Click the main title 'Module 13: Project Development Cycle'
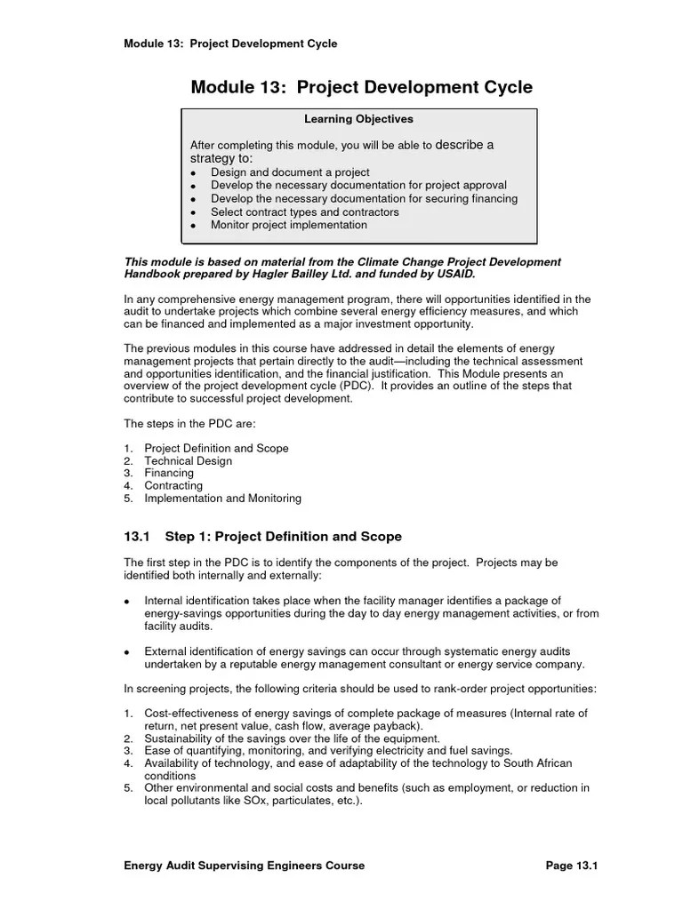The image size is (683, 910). tap(361, 87)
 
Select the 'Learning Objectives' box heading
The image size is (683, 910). tap(358, 119)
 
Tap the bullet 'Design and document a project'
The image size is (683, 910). tap(290, 172)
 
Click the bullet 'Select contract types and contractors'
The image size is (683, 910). tap(304, 212)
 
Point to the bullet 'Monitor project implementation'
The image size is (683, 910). tap(288, 226)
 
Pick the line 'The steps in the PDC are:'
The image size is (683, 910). tap(189, 424)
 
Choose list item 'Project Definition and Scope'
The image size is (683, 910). tap(216, 449)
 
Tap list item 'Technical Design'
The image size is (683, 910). tap(188, 461)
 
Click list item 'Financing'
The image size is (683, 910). tap(169, 474)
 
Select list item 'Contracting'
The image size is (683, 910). tap(173, 486)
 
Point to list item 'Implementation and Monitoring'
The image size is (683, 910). tap(222, 499)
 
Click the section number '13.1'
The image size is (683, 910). tap(139, 537)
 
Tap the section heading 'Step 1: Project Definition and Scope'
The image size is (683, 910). tap(284, 537)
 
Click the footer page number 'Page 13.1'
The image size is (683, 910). tap(570, 866)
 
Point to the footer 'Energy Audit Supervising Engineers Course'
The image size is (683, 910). tap(244, 866)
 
